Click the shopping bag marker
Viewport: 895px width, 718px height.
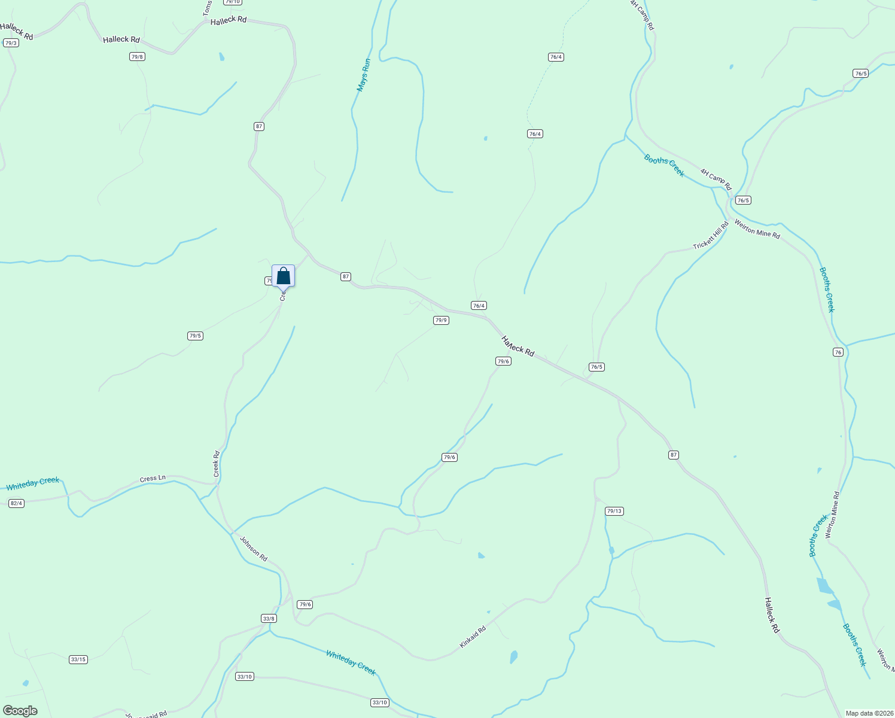[x=283, y=276]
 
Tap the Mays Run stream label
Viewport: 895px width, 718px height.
[x=364, y=75]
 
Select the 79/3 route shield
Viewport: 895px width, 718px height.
[x=10, y=43]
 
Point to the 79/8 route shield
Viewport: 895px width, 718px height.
[x=137, y=57]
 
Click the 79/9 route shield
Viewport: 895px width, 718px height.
[x=441, y=321]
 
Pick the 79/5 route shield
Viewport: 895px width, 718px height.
[x=195, y=336]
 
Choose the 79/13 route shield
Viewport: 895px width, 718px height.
[x=614, y=512]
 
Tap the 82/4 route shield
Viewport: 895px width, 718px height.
[x=16, y=504]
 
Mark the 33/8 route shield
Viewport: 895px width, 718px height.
[x=269, y=619]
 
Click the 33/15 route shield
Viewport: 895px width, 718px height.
[x=78, y=660]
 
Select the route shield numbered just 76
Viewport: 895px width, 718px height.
[x=838, y=352]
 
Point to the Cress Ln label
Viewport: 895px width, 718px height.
[x=153, y=479]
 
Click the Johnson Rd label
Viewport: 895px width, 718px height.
[x=254, y=548]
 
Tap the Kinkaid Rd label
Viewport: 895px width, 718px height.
[x=473, y=637]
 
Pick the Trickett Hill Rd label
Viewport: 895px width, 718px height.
[x=711, y=236]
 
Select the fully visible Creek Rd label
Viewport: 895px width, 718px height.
[x=217, y=464]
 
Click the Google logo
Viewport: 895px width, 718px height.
[x=20, y=711]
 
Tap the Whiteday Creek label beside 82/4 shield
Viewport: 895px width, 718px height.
[x=33, y=483]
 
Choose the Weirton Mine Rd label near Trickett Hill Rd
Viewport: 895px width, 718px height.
[x=757, y=230]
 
